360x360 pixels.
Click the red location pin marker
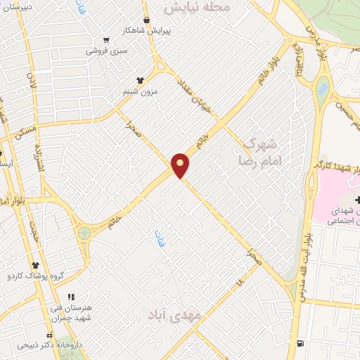coord(181,165)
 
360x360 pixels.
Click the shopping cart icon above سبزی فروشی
coord(106,41)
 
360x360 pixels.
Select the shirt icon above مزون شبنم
coord(140,80)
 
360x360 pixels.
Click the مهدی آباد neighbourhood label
coord(174,315)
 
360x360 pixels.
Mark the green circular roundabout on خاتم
coord(84,233)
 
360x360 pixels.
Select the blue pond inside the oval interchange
coord(322,89)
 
